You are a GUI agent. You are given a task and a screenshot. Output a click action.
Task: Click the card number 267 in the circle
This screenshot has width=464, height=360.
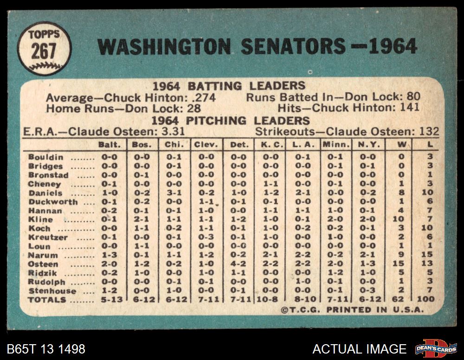tap(44, 51)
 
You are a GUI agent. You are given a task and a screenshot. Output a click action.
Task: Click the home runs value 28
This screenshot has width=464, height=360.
tap(194, 108)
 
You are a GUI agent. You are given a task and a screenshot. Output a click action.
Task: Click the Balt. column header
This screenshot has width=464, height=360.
tap(110, 145)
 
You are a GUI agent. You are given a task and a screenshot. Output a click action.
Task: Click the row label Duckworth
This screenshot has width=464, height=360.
tap(53, 202)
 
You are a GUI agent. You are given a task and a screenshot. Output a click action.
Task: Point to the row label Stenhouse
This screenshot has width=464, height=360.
tap(52, 291)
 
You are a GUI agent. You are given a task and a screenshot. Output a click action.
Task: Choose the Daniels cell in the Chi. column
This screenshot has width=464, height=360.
tap(174, 193)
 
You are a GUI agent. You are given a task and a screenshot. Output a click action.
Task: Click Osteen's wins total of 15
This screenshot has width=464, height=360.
tap(401, 264)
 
